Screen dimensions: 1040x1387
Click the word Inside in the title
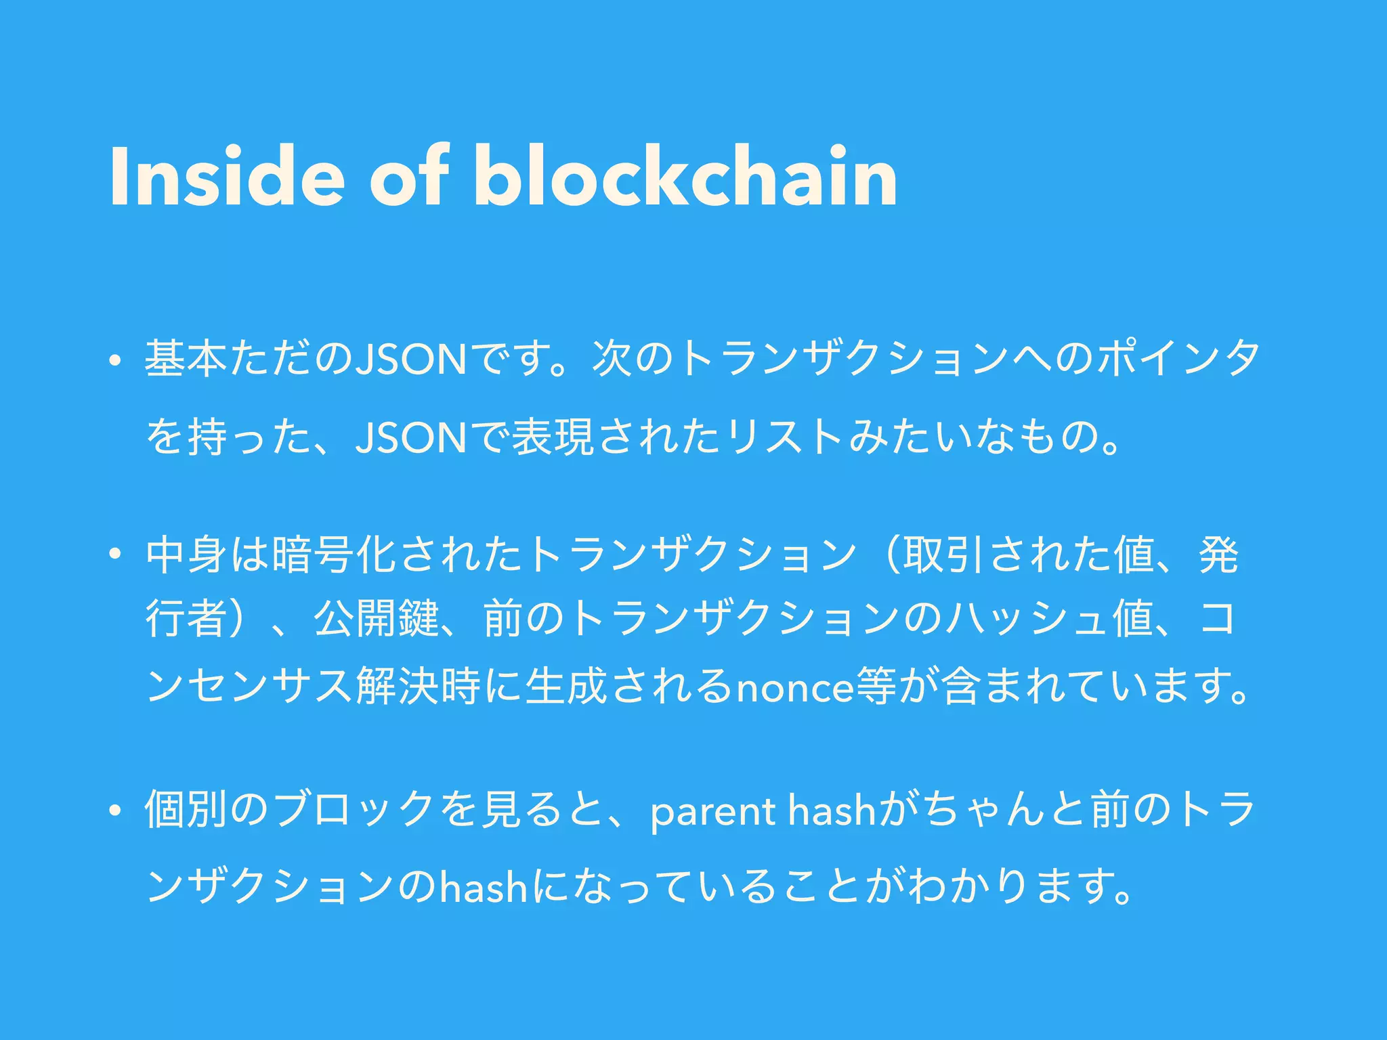pyautogui.click(x=227, y=177)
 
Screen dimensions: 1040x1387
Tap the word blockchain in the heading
pyautogui.click(x=685, y=177)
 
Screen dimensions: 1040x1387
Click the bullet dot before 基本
pyautogui.click(x=115, y=362)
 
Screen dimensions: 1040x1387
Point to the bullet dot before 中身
pyautogui.click(x=115, y=557)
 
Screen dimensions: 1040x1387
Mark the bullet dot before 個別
pyautogui.click(x=115, y=811)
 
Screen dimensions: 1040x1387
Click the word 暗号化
pyautogui.click(x=332, y=557)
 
